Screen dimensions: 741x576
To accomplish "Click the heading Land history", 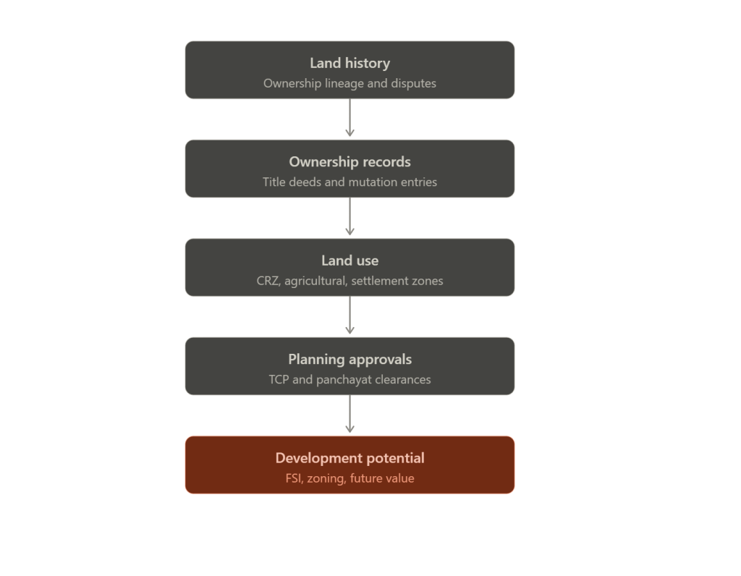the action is point(350,64).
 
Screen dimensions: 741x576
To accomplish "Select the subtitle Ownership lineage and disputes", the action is point(350,84).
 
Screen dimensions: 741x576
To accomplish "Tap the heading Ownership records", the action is point(350,162).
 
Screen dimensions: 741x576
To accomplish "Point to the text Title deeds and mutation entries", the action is point(350,182).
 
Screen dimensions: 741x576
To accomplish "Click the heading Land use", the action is point(350,261).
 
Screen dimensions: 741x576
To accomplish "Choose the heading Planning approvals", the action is point(350,360).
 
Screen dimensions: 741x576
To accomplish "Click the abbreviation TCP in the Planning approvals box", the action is point(279,379).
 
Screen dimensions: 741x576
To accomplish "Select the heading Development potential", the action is point(350,458).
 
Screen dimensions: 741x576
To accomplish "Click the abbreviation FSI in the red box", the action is point(294,478).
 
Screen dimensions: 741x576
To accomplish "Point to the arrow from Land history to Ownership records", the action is point(350,118).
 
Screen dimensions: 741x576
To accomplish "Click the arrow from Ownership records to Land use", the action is point(350,216).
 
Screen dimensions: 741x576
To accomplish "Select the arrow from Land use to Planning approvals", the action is point(350,315).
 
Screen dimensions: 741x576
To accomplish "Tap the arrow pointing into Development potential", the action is point(350,414).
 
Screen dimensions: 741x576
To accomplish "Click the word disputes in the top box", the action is point(413,84).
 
